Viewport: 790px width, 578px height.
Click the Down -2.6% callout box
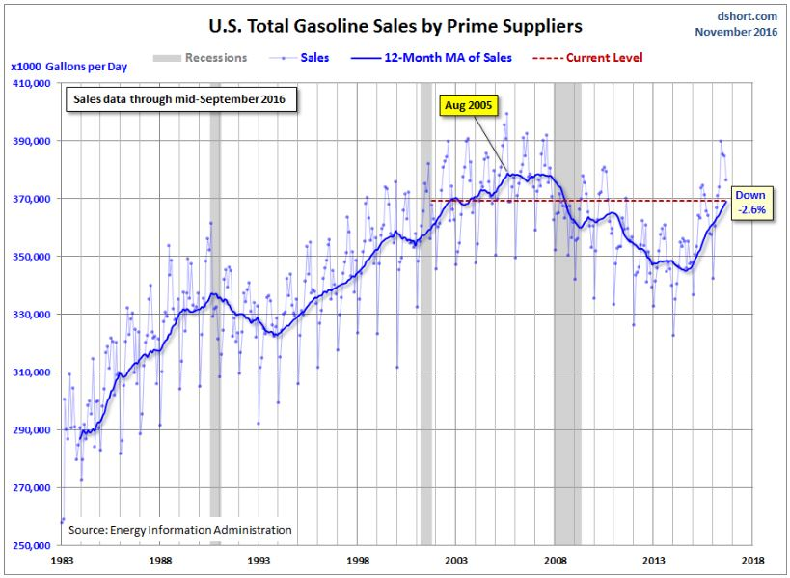(x=749, y=202)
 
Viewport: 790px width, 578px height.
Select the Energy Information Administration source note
(x=180, y=530)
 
